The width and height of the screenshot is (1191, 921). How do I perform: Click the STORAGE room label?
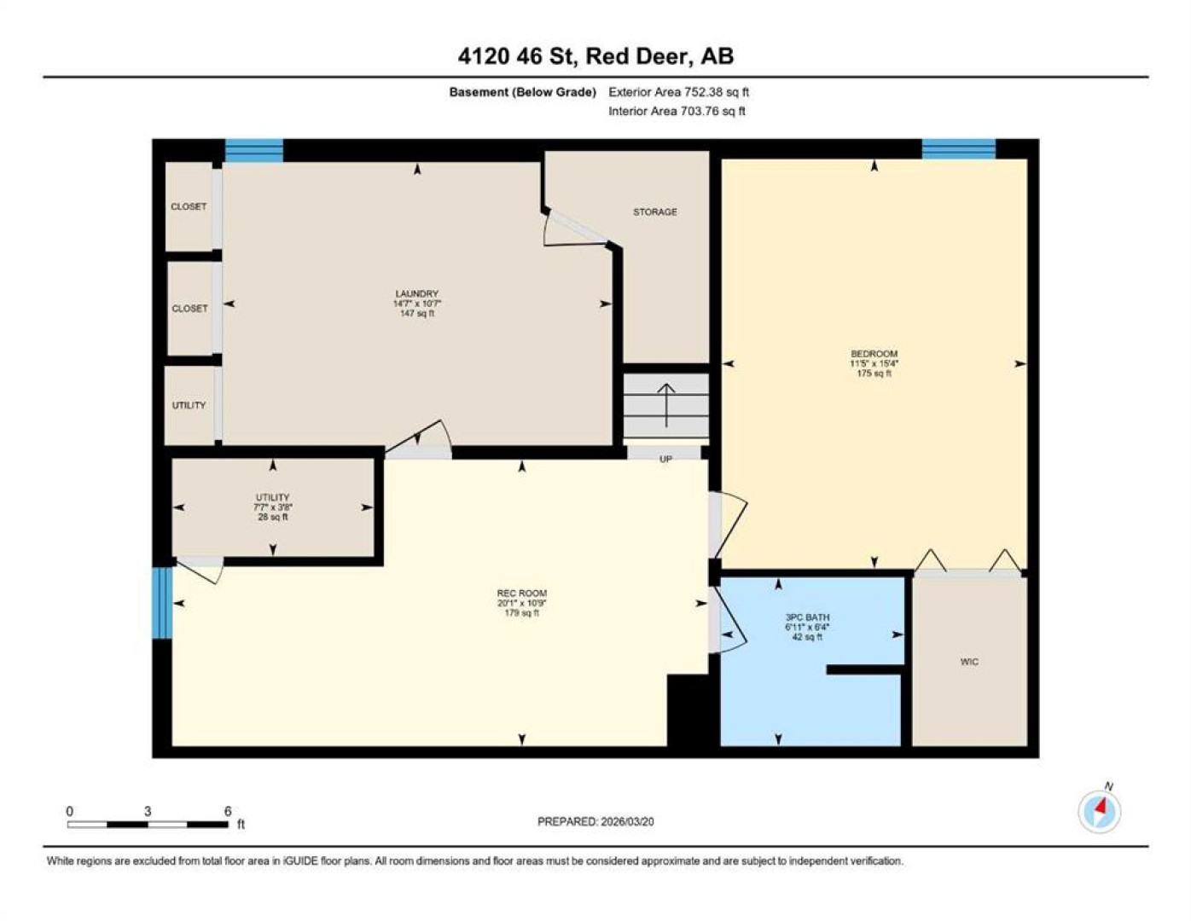point(654,211)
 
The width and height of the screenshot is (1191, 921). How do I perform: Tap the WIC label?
point(969,662)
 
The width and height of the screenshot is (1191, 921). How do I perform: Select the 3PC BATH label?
point(807,617)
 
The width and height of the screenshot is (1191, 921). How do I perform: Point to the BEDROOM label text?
point(874,353)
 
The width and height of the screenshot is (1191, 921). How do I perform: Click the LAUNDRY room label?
point(416,293)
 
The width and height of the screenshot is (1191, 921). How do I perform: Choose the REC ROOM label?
point(521,593)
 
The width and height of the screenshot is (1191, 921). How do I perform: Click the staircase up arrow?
point(666,405)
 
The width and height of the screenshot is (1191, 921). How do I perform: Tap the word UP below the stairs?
point(665,459)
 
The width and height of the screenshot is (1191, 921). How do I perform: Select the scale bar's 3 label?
point(147,812)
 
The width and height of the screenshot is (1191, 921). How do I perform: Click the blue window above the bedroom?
point(959,149)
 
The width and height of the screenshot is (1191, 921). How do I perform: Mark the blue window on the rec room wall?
point(162,603)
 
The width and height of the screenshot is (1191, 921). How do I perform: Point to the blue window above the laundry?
point(254,151)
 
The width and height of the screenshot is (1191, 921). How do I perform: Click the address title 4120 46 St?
point(518,56)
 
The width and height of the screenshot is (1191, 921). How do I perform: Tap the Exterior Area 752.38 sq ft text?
point(678,92)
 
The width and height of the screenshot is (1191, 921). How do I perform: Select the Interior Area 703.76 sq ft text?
point(677,111)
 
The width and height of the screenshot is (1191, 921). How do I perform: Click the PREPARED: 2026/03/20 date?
point(595,822)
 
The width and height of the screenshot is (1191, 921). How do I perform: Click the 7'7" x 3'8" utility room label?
point(272,507)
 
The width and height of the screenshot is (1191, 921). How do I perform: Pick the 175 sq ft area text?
point(874,374)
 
